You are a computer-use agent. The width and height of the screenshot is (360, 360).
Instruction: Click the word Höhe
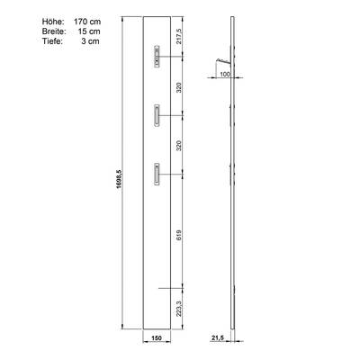click(53, 22)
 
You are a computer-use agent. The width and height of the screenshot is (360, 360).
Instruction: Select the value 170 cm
click(87, 22)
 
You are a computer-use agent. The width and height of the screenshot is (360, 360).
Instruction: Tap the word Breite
click(54, 31)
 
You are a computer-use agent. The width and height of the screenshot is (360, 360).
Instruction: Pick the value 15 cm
click(89, 31)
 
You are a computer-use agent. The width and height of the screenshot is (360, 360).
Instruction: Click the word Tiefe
click(52, 41)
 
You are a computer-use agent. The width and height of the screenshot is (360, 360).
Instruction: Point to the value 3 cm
click(90, 41)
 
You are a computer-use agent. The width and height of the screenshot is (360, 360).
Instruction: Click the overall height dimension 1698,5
click(119, 179)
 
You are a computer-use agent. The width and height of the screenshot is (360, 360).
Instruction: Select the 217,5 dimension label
click(179, 36)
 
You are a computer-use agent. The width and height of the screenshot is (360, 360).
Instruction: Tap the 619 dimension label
click(179, 235)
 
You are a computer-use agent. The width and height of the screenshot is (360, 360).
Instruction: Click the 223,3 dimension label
click(179, 309)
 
